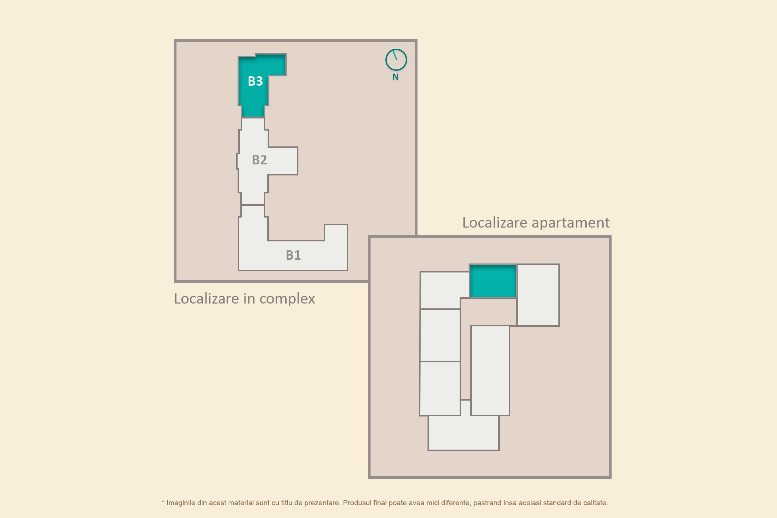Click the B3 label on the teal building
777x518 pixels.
[255, 81]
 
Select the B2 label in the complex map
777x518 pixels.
[259, 160]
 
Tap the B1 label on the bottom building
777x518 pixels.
[293, 255]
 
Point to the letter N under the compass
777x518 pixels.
[395, 77]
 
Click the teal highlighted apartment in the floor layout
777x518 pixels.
[493, 281]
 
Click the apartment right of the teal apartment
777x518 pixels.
[538, 295]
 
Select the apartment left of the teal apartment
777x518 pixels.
[444, 290]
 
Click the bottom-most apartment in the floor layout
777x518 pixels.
[463, 433]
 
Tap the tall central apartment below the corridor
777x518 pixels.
[490, 370]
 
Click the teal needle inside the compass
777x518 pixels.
[395, 55]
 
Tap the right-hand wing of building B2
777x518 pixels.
[283, 161]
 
